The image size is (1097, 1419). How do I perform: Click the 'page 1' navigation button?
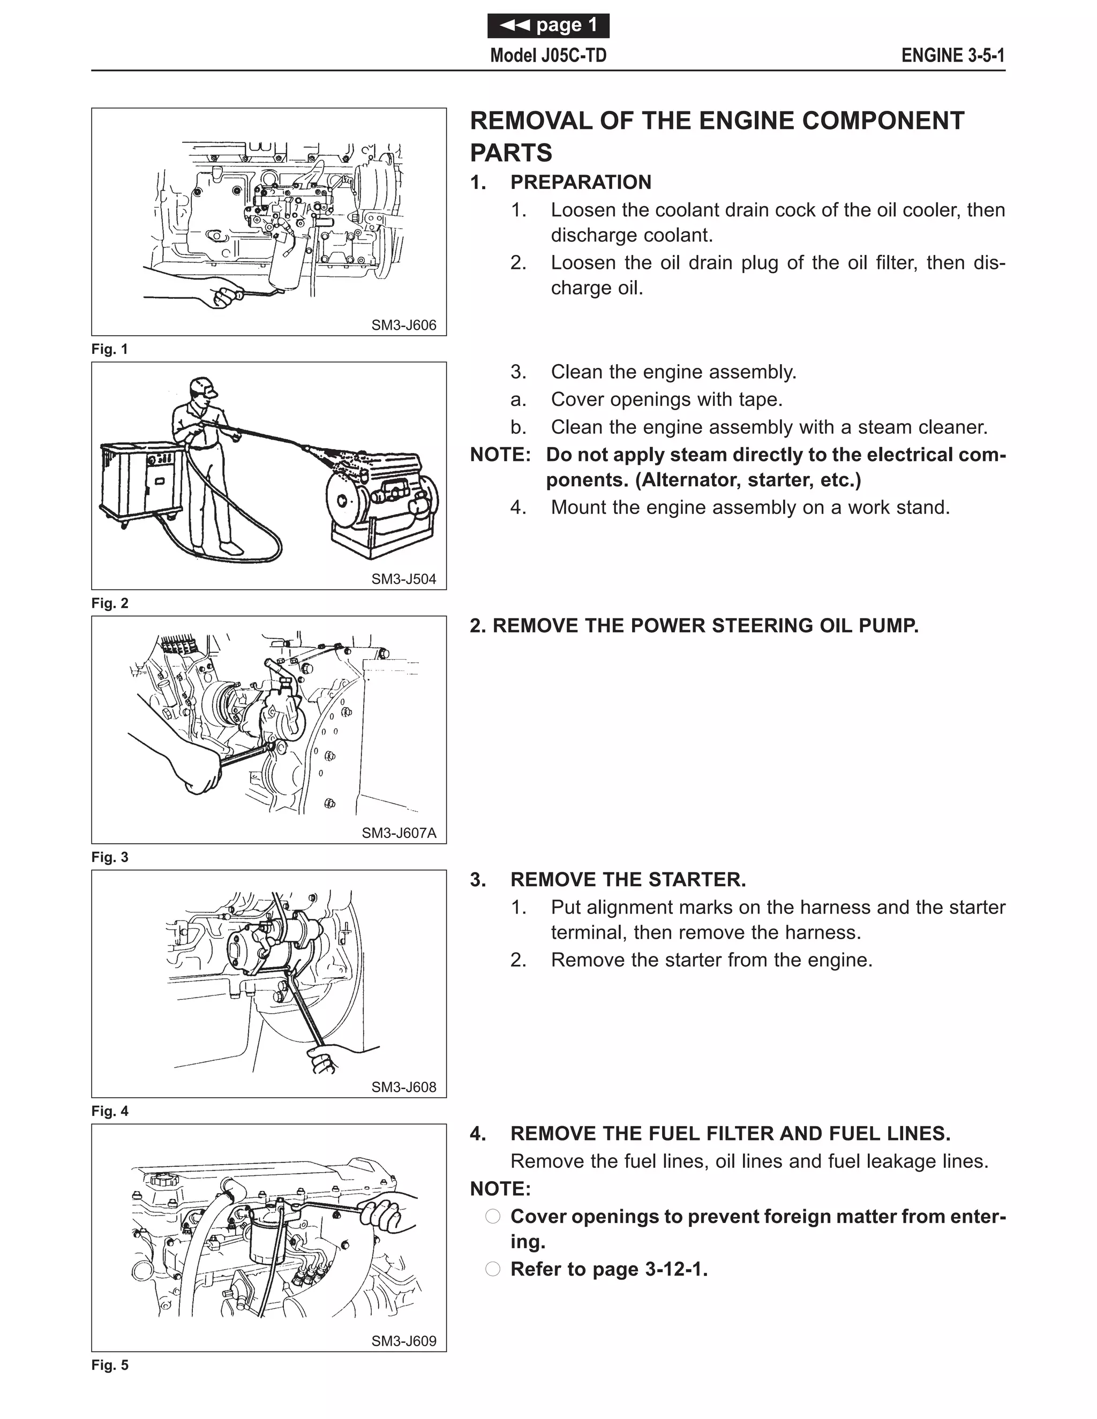(x=548, y=25)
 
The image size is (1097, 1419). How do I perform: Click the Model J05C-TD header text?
(x=548, y=56)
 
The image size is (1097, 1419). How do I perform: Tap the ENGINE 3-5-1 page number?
(x=953, y=56)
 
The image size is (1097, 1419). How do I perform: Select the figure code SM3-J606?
(x=403, y=325)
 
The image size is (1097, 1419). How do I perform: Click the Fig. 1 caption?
(x=110, y=349)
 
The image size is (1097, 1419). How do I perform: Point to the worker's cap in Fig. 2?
(x=204, y=386)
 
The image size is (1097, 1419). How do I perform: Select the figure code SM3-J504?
(x=403, y=579)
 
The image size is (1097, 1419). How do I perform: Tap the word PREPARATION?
(x=580, y=183)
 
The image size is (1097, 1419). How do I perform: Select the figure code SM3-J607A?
(x=399, y=833)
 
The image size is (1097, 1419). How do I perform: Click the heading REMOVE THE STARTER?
(x=628, y=880)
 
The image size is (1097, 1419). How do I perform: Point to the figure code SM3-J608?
(x=403, y=1087)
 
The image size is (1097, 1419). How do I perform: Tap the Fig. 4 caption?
(x=110, y=1111)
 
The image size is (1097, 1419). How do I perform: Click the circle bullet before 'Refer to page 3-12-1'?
(x=493, y=1269)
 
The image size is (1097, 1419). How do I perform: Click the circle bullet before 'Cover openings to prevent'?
(x=493, y=1216)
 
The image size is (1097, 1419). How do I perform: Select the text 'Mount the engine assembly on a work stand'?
(x=750, y=508)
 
